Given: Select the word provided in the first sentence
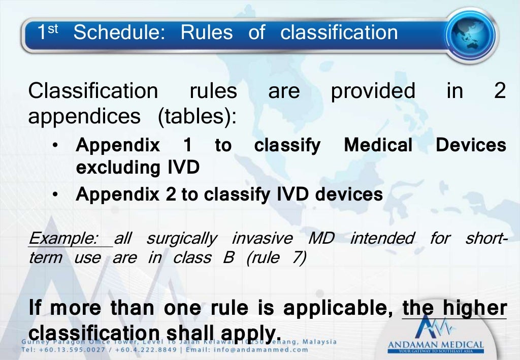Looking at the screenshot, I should (x=373, y=91).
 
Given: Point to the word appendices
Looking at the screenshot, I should (x=84, y=117).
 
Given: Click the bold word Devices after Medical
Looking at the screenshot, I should (x=471, y=146).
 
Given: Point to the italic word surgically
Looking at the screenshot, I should (x=181, y=238).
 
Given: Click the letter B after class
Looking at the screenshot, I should (x=228, y=258).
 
